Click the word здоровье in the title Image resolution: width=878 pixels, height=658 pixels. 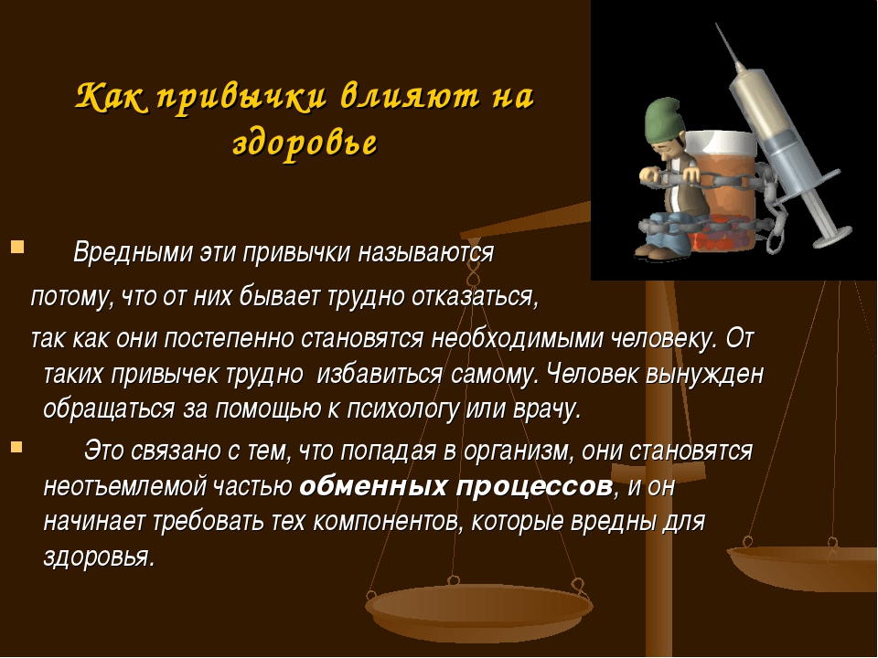click(305, 143)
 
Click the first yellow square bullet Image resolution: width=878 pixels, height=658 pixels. click(16, 246)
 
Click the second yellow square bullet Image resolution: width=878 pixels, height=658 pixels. click(16, 447)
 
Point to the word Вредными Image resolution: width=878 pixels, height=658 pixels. click(134, 252)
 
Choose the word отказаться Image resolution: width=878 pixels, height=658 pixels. click(475, 296)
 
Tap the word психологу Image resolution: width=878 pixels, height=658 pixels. click(403, 409)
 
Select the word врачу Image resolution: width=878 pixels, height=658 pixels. click(547, 409)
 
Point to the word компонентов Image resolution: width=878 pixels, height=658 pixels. click(388, 522)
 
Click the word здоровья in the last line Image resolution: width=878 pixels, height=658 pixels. click(99, 557)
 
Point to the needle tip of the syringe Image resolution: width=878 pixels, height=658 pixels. click(717, 25)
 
